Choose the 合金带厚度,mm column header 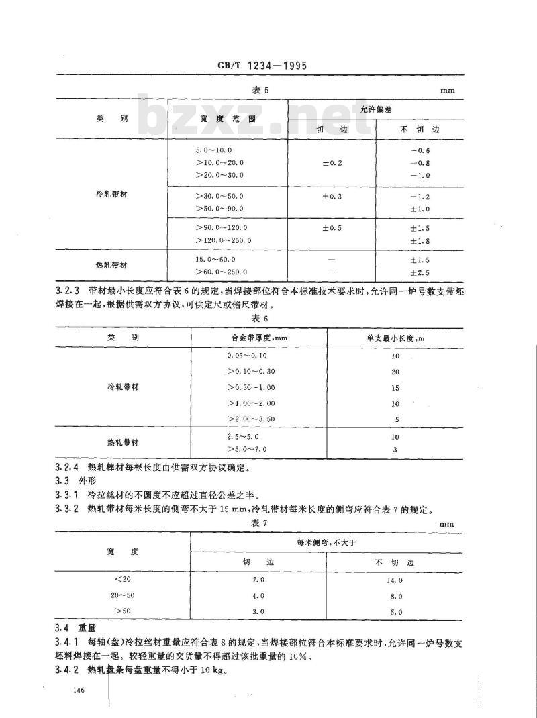pyautogui.click(x=258, y=338)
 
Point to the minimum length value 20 pyautogui.click(x=395, y=372)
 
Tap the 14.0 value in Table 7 pyautogui.click(x=395, y=580)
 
